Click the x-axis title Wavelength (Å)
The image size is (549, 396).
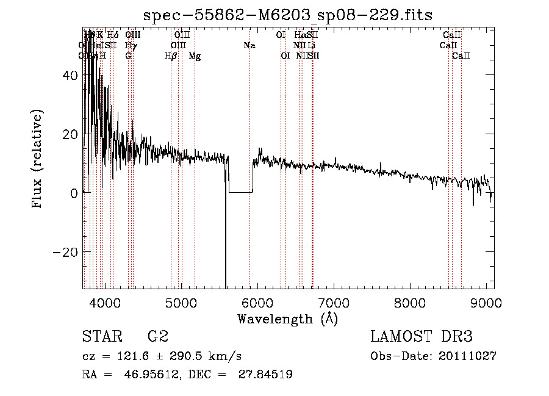point(287,319)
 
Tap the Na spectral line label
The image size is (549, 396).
point(249,46)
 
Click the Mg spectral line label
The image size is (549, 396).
point(195,56)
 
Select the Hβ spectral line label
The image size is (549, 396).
point(171,56)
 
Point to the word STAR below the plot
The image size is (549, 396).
point(101,336)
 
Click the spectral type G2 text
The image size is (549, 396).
point(158,336)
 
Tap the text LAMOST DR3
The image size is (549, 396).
point(421,336)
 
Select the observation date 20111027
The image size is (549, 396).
point(469,356)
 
